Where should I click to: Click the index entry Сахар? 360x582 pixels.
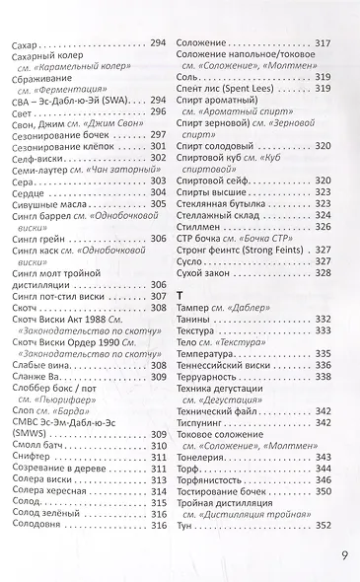click(22, 45)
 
